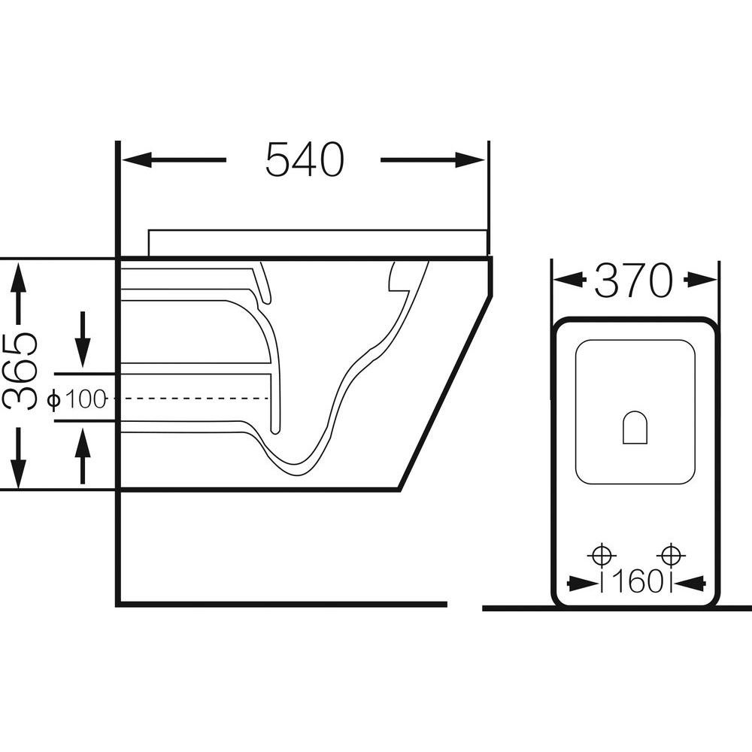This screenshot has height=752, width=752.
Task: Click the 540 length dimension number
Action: tap(305, 159)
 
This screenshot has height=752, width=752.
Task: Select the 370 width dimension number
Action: tap(634, 280)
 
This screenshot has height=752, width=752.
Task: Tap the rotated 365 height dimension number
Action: tap(20, 372)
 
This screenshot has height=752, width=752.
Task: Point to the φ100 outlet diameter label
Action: tap(77, 399)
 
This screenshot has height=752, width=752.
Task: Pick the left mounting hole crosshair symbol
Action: tap(602, 556)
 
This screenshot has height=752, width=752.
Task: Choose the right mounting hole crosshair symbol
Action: tap(671, 556)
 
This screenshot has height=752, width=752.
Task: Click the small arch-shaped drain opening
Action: tap(635, 427)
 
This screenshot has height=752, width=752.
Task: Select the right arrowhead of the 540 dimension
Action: tap(470, 159)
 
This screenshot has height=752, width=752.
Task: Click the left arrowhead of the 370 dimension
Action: tap(569, 280)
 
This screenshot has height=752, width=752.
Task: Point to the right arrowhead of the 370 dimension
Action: tap(702, 280)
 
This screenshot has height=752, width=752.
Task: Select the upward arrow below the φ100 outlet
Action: tap(83, 455)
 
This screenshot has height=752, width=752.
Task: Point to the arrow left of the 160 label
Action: tap(582, 584)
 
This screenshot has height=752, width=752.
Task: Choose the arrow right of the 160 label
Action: tap(690, 584)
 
